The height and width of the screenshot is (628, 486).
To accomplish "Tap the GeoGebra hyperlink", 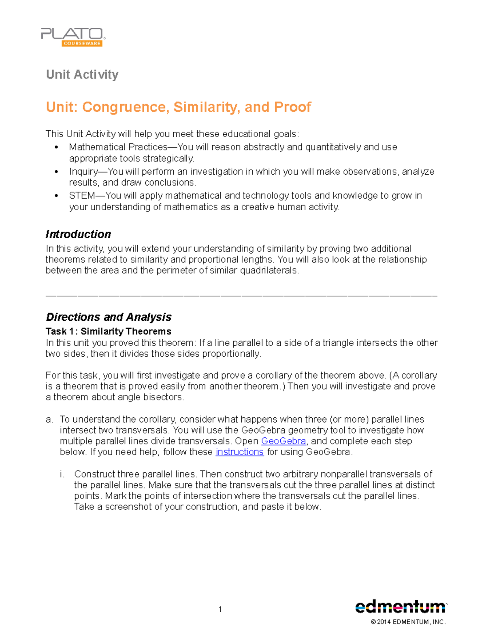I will tap(283, 441).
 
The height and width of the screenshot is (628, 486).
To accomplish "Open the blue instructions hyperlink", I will tap(239, 452).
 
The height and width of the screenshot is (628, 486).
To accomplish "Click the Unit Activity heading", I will tap(82, 74).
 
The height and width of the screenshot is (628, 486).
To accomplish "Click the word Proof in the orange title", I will tap(292, 107).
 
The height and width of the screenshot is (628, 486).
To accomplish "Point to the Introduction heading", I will tap(78, 235).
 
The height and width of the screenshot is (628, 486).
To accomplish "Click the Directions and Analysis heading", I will tap(109, 317).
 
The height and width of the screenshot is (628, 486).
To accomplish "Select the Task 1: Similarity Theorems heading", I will tap(109, 332).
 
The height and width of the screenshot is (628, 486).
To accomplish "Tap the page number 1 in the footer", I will tap(220, 609).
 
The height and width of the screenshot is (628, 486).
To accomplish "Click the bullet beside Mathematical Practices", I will tap(56, 147).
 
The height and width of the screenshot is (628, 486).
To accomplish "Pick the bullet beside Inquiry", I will tap(56, 172).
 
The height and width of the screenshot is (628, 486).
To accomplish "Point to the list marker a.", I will tap(49, 420).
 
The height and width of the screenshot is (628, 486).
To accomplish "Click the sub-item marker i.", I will tap(62, 474).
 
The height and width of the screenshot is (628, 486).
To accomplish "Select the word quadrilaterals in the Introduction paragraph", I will tap(269, 271).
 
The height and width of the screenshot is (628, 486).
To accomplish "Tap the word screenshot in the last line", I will tap(128, 507).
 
